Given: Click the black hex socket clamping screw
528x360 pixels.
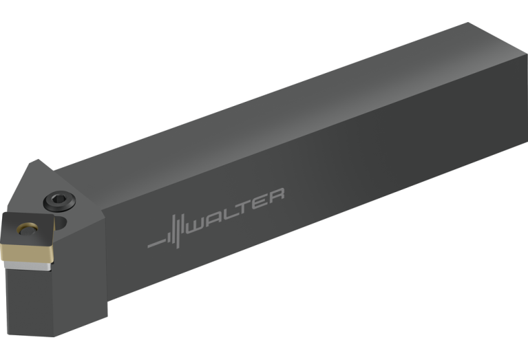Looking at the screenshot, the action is tap(59, 202).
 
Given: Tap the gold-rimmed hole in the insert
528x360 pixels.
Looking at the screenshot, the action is tap(28, 229).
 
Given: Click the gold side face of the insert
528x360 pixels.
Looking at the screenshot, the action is tap(27, 253).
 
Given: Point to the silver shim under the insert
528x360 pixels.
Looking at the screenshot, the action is tap(28, 266).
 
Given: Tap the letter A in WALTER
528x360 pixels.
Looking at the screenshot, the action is tap(215, 219).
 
